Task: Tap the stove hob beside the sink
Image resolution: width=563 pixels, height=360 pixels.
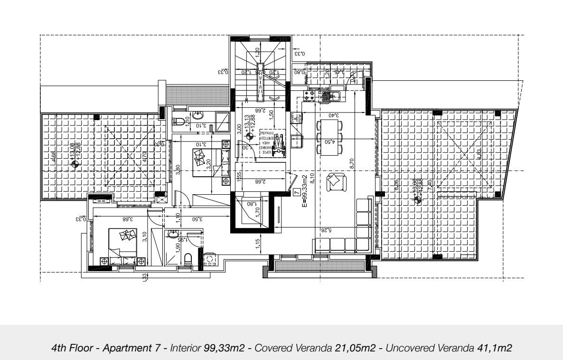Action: tap(309, 97)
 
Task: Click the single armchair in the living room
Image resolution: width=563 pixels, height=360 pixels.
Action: tap(336, 181)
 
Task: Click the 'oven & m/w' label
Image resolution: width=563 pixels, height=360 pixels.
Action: tap(297, 119)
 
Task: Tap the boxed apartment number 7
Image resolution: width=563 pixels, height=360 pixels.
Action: tap(297, 193)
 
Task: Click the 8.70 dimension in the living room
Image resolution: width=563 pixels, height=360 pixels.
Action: tap(352, 164)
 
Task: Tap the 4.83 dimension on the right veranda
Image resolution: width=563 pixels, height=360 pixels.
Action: tap(479, 154)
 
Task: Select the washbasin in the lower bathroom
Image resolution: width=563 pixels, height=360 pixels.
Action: tap(173, 234)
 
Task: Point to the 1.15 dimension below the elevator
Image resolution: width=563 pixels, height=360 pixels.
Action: tap(257, 243)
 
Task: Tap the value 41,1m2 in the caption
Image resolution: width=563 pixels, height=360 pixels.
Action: tap(494, 348)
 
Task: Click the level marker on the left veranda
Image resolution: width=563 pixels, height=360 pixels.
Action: tap(74, 164)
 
